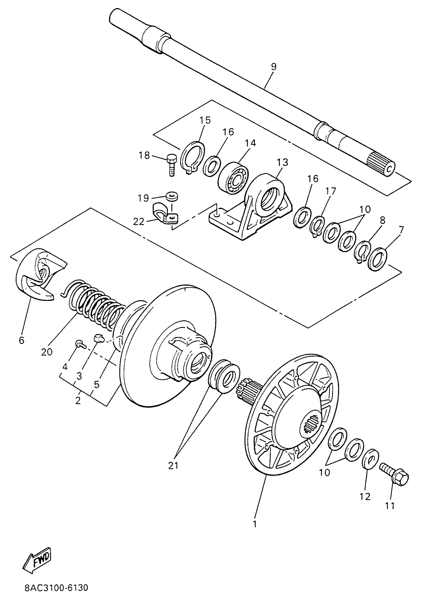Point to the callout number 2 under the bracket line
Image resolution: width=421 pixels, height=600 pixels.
point(78,400)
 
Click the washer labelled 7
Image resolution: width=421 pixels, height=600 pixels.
point(377,259)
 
